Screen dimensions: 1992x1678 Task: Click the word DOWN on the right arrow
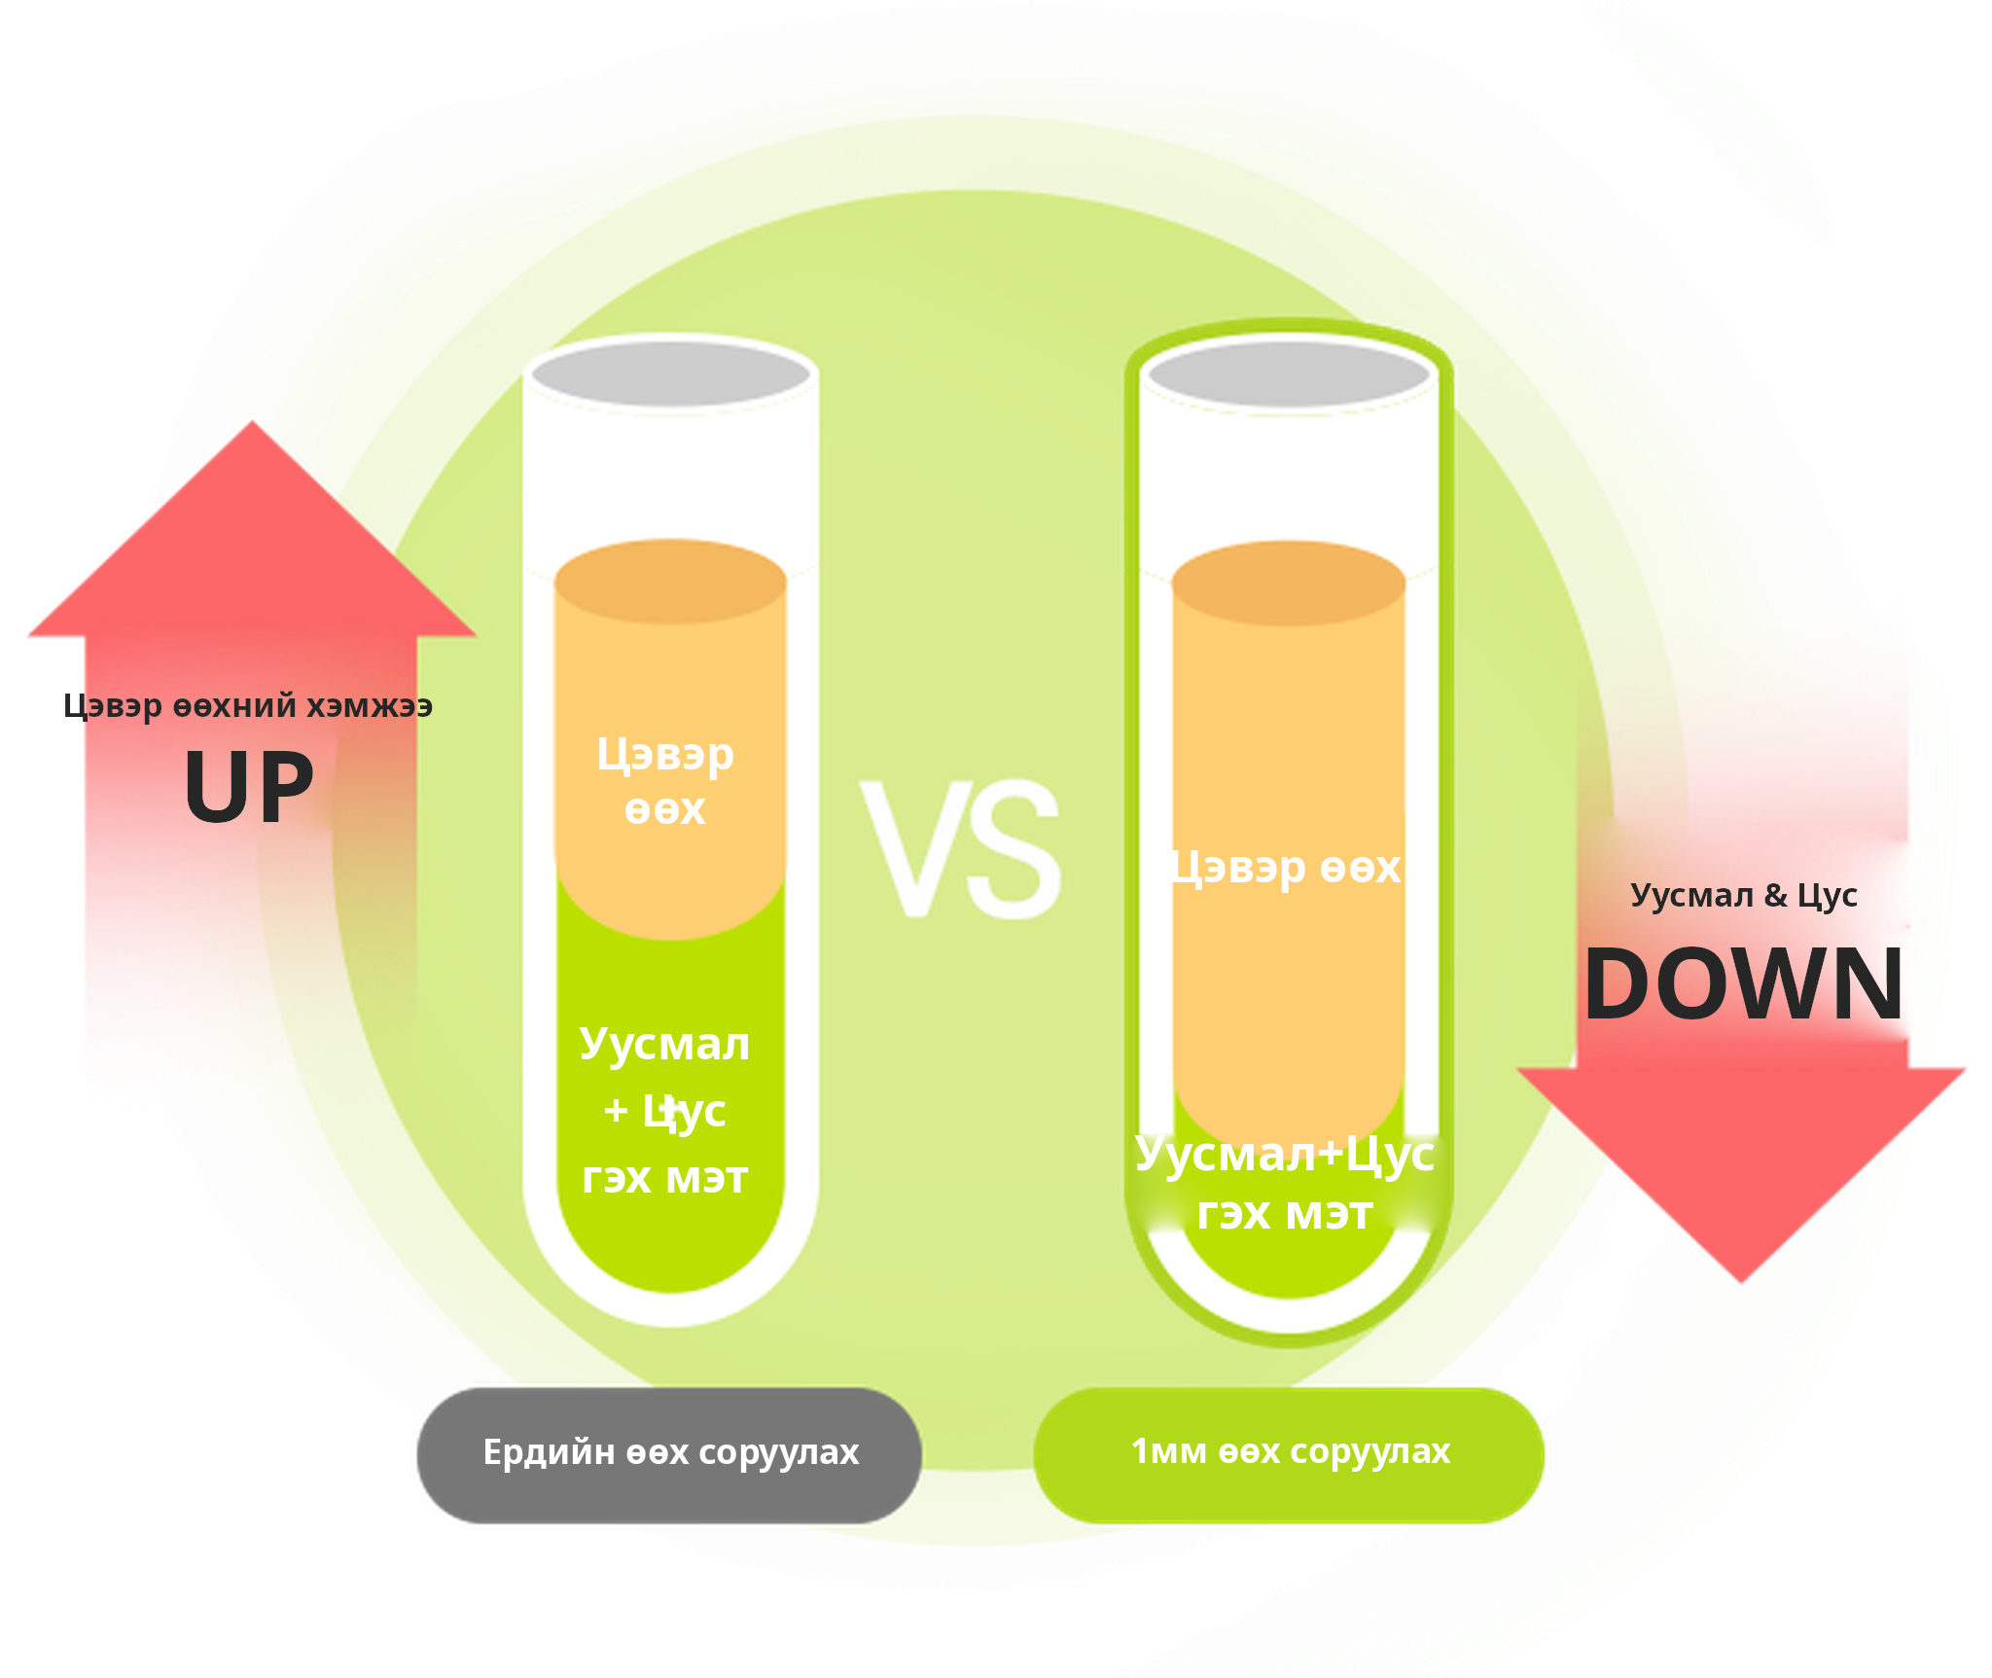[1744, 983]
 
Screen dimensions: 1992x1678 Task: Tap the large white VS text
[961, 848]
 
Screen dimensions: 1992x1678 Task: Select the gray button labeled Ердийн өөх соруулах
[669, 1454]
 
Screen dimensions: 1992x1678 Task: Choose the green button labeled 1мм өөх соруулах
[1289, 1454]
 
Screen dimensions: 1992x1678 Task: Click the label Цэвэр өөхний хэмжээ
[248, 705]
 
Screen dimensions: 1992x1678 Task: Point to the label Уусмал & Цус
[1744, 895]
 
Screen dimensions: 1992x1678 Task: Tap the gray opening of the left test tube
[671, 375]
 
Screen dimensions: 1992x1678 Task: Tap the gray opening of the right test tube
[1289, 375]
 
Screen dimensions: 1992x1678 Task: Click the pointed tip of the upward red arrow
[252, 422]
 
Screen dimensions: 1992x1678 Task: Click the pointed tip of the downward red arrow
[1741, 1281]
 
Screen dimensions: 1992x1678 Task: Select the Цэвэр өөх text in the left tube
[665, 781]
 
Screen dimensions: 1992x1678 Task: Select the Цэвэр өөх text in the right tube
[1286, 868]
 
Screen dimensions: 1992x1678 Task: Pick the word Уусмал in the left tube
[664, 1045]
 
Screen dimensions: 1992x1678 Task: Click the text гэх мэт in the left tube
[664, 1178]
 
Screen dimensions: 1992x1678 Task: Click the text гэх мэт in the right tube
[1285, 1214]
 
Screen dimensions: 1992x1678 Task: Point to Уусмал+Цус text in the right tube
[1285, 1156]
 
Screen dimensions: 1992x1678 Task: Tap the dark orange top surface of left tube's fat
[670, 582]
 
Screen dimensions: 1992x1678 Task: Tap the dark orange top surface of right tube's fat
[1289, 584]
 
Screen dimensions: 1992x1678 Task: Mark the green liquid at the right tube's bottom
[1289, 1265]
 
